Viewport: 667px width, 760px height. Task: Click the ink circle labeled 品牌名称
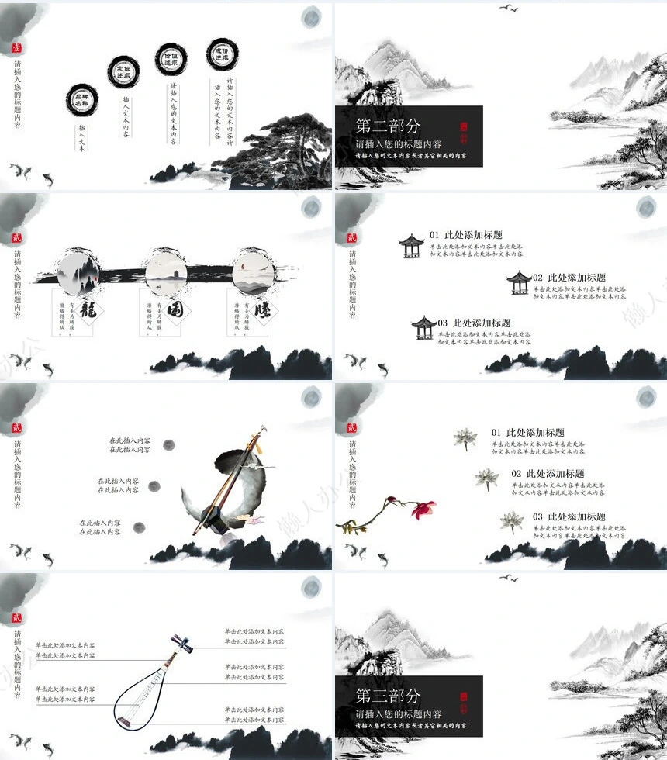pos(82,99)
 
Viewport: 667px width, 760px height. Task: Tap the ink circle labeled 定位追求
pos(124,72)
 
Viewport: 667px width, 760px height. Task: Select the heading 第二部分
pos(388,126)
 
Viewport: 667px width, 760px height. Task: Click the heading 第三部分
pos(388,696)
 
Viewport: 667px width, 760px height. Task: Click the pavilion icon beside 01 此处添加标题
pos(410,246)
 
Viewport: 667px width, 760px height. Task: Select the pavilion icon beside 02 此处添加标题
pos(519,282)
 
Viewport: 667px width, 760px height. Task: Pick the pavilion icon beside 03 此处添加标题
pos(423,327)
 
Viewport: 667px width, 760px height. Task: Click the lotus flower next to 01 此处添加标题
pos(465,439)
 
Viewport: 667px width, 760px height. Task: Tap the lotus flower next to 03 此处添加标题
pos(511,522)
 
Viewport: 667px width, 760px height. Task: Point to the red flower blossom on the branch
pos(422,509)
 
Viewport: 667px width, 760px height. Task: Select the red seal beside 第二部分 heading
pos(465,129)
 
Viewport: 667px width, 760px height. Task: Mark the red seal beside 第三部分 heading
pos(465,699)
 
